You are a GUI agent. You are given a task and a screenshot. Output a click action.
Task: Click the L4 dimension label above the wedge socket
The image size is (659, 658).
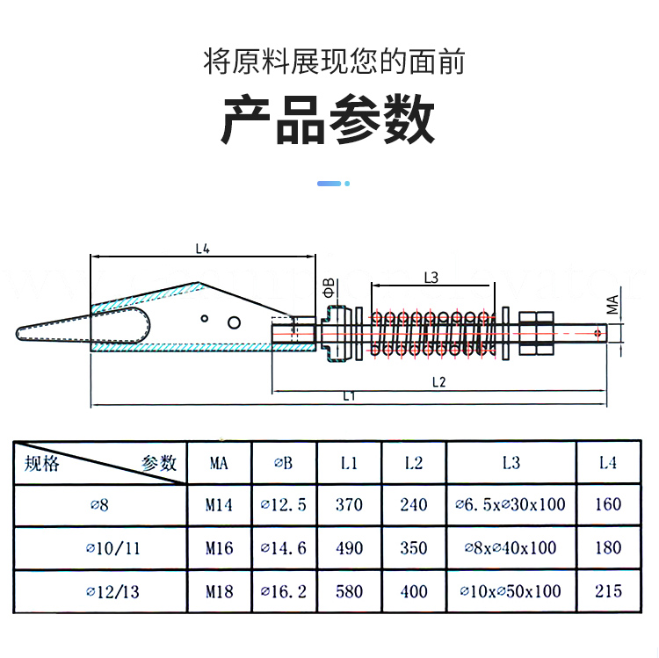click(x=203, y=249)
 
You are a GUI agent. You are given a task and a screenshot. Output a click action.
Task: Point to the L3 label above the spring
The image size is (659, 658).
click(x=431, y=278)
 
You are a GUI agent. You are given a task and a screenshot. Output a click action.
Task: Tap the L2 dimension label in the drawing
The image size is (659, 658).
click(x=438, y=382)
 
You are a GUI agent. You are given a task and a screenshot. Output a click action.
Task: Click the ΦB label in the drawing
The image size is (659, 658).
click(x=329, y=288)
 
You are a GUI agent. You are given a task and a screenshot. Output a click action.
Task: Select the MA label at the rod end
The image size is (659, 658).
click(x=612, y=305)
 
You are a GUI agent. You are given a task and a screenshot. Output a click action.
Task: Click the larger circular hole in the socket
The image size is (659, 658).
click(x=234, y=322)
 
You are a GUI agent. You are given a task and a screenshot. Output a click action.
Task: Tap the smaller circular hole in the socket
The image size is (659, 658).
click(x=204, y=319)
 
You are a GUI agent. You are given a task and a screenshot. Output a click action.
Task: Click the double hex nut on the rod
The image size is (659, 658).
click(x=536, y=334)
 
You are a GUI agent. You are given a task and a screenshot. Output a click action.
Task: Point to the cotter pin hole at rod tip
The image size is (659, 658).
click(x=597, y=334)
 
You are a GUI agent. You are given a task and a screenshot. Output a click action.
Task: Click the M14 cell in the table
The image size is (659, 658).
click(x=219, y=504)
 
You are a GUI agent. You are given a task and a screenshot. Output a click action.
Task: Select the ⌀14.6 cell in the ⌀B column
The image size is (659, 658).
click(x=283, y=548)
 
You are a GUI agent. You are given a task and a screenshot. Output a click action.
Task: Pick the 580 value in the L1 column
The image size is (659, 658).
click(x=349, y=591)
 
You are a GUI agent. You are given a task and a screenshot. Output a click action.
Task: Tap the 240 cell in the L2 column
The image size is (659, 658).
click(x=414, y=504)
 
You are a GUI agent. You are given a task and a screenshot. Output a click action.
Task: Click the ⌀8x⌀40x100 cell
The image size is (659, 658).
click(x=511, y=548)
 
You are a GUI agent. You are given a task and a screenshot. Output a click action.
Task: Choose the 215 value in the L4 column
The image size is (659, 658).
click(x=608, y=591)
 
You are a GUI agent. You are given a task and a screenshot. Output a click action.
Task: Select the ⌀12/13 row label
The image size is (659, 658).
click(x=112, y=591)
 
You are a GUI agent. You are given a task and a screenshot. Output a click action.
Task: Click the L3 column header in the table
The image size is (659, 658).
click(x=511, y=463)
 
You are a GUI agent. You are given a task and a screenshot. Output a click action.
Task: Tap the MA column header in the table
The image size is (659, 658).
click(x=219, y=463)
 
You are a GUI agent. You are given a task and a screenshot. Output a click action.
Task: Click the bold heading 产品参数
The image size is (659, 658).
click(x=328, y=119)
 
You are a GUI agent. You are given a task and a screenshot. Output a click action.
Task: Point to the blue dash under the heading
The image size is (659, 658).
click(x=329, y=184)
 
